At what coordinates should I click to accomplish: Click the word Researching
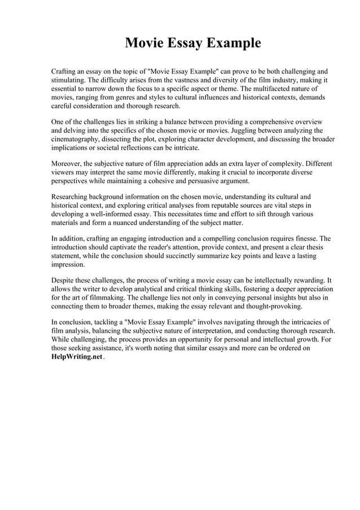click(73, 197)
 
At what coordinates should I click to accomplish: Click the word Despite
click(63, 281)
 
